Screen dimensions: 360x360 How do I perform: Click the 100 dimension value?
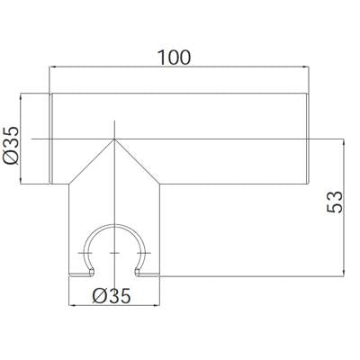pyautogui.click(x=174, y=58)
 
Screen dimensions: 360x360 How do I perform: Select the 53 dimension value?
pyautogui.click(x=334, y=202)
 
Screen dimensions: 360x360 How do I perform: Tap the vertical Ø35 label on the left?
pyautogui.click(x=11, y=146)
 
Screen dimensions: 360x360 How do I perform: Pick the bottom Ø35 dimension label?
pyautogui.click(x=112, y=296)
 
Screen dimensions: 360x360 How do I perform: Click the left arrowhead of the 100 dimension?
pyautogui.click(x=52, y=67)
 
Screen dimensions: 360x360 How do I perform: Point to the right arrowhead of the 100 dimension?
pyautogui.click(x=306, y=67)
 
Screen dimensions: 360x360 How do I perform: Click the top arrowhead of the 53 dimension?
pyautogui.click(x=343, y=142)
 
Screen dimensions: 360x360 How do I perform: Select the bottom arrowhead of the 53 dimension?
pyautogui.click(x=343, y=273)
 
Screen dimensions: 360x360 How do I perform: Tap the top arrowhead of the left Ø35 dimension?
pyautogui.click(x=21, y=97)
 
